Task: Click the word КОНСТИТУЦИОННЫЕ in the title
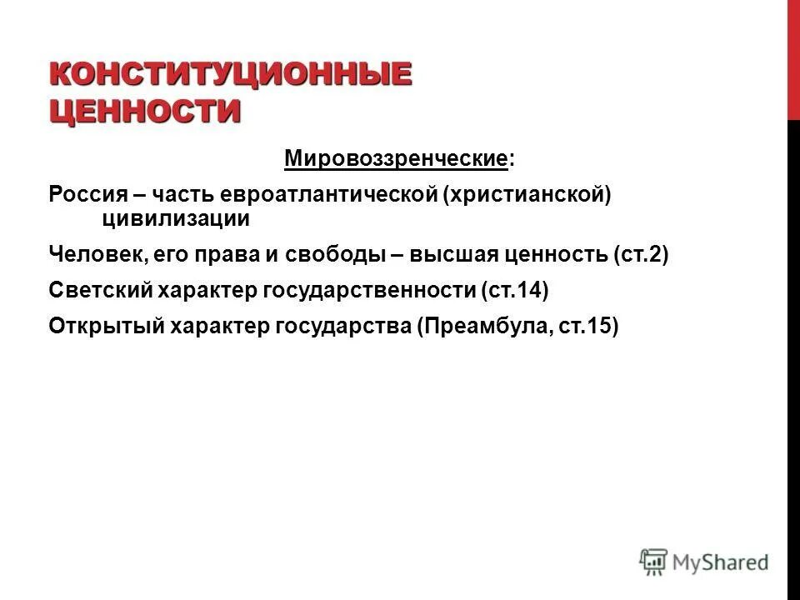tap(231, 74)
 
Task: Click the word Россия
tap(87, 194)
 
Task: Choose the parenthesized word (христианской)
tap(527, 194)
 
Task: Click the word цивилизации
tap(176, 218)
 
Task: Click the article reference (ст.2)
tap(641, 254)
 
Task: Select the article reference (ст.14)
tap(514, 291)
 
